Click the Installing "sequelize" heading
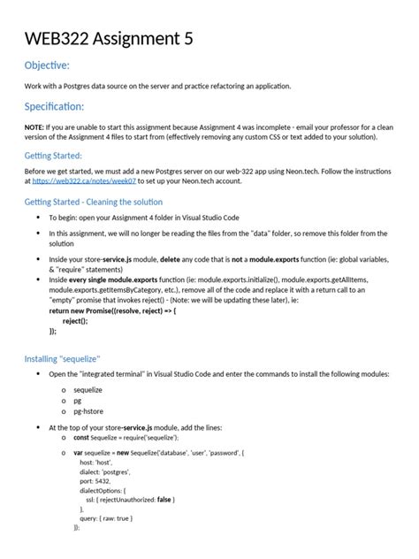[x=62, y=359]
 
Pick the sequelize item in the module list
[x=88, y=388]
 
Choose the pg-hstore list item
[x=89, y=411]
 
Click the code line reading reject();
[x=75, y=320]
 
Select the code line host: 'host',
[x=98, y=462]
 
